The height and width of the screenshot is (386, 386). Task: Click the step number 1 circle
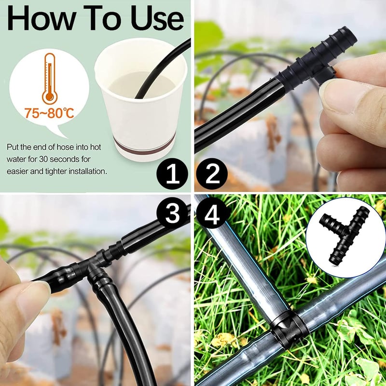coord(173,174)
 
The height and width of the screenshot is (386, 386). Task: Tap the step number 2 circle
coord(212,174)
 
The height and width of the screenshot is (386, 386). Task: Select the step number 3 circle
coord(173,213)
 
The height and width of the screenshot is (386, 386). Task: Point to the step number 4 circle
coord(212,213)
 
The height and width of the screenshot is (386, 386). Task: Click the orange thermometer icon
coord(50,79)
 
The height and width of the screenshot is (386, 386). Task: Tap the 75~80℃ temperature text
coord(49,113)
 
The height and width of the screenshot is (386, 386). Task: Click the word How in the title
coord(41,18)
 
